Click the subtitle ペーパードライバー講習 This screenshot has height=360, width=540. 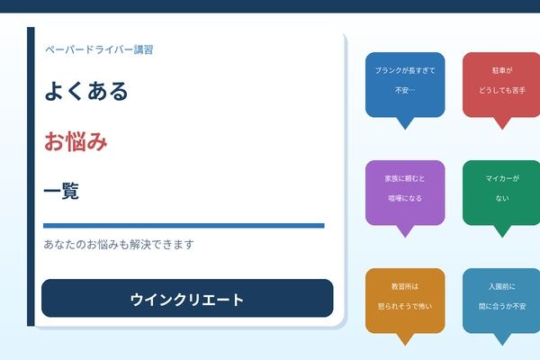99,49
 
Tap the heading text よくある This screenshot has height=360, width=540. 86,92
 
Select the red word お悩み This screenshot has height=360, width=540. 76,141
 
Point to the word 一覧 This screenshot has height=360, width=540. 61,191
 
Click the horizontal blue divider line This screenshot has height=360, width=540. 184,225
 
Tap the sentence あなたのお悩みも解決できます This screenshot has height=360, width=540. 119,245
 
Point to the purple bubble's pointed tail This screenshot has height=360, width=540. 404,231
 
